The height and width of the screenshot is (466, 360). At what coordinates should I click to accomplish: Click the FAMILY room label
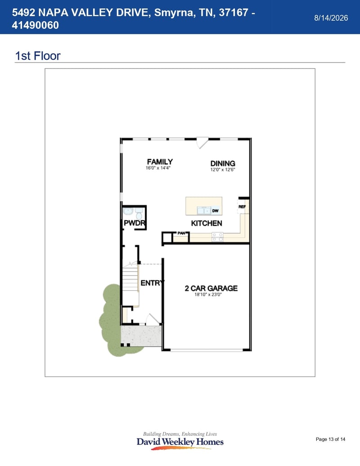pos(160,162)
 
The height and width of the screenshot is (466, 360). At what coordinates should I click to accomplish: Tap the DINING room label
pos(223,163)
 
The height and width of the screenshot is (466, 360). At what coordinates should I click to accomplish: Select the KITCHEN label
pos(207,223)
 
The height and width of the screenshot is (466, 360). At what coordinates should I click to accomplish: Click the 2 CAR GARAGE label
pos(211,288)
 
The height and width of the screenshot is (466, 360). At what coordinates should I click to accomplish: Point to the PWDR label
pos(134,223)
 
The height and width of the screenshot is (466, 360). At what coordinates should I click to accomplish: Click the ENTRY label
pos(152,283)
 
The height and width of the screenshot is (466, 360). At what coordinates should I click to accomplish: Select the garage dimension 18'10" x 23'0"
pos(208,294)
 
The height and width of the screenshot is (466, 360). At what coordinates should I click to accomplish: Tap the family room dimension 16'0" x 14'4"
pos(157,168)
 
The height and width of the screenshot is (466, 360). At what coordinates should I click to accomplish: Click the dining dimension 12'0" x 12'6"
pos(223,170)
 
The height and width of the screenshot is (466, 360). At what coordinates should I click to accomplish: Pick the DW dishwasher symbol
pos(216,211)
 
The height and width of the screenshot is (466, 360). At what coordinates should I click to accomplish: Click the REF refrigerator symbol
pos(242,207)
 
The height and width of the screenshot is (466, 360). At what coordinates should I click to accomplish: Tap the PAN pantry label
pos(181,233)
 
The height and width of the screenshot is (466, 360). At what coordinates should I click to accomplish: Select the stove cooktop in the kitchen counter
pos(217,237)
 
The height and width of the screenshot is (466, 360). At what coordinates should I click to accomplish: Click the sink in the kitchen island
pos(204,211)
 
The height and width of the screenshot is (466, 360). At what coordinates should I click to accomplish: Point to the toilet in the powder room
pos(139,213)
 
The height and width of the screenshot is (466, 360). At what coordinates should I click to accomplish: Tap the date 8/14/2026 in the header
pos(331,18)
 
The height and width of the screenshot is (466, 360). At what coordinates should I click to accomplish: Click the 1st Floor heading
pos(38,56)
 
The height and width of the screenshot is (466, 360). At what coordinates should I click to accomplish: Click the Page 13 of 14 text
pos(331,439)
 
